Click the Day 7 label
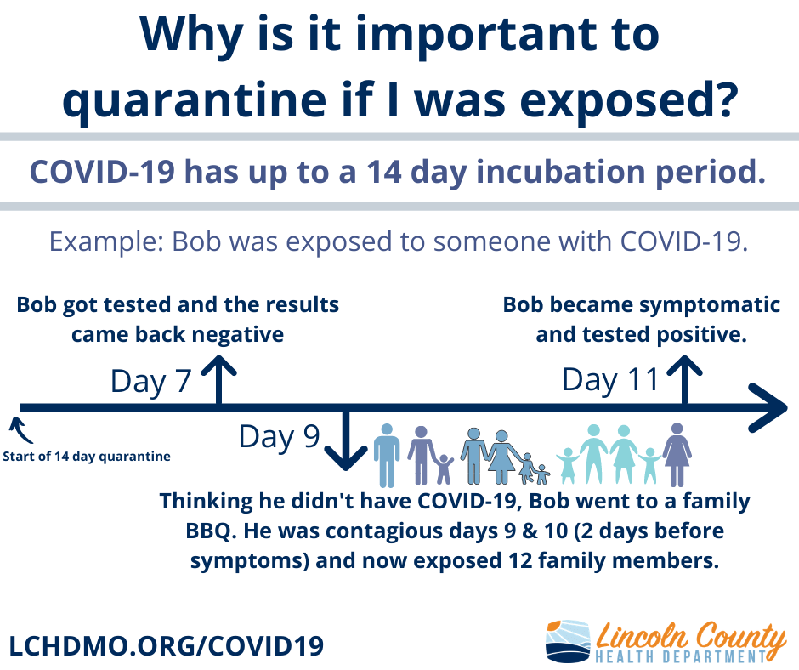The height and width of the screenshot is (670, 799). pos(150,382)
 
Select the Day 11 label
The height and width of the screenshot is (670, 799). pos(610,380)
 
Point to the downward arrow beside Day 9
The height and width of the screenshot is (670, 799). pos(346,440)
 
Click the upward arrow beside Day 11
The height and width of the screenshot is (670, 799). pos(684,380)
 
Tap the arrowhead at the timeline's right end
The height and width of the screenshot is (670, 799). pos(768,408)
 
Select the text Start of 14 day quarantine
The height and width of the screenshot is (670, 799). pos(87,457)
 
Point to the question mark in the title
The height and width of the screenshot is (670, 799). pos(723,96)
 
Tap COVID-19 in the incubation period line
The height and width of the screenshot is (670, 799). pos(102,172)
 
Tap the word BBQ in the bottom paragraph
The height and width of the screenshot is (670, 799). pos(208,531)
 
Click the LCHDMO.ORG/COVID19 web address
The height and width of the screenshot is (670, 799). pos(167,646)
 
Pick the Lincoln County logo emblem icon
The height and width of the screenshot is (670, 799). pos(568,640)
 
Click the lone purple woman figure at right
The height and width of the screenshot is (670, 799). pos(677,454)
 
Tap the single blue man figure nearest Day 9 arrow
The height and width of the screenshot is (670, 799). pos(387,456)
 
